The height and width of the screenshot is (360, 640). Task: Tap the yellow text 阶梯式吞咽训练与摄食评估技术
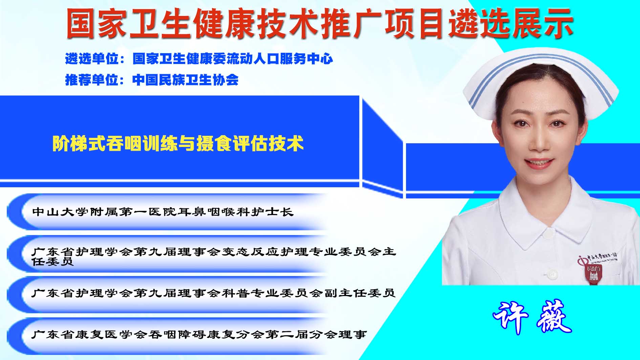point(178,143)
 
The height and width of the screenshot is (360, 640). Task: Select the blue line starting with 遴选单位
point(199,59)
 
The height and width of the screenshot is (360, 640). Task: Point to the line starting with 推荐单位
point(152,80)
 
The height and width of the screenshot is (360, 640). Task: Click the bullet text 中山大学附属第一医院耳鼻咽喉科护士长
point(163,212)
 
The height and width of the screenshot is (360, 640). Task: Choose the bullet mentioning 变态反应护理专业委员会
point(214,256)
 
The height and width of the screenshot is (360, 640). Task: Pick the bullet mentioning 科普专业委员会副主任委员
point(213,293)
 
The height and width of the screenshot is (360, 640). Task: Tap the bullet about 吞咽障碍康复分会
point(199,335)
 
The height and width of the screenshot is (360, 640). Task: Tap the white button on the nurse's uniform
point(552,273)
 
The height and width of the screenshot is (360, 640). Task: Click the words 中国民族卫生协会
point(186,80)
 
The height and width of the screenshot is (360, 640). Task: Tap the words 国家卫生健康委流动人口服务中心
point(233,59)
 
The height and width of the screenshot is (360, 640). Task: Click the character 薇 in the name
point(553,318)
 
